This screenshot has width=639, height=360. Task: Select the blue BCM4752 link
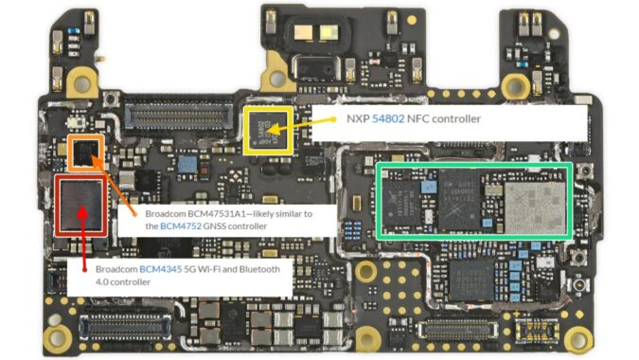click(x=180, y=226)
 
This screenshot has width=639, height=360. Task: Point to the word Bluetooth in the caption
click(x=256, y=269)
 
